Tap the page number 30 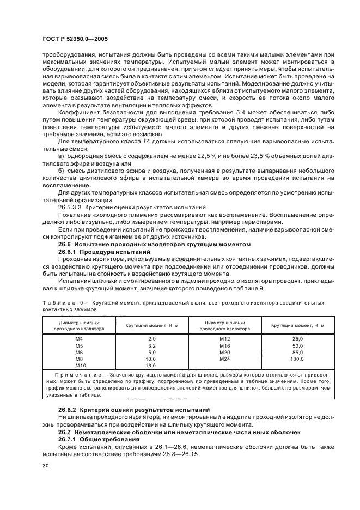(x=46, y=465)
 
